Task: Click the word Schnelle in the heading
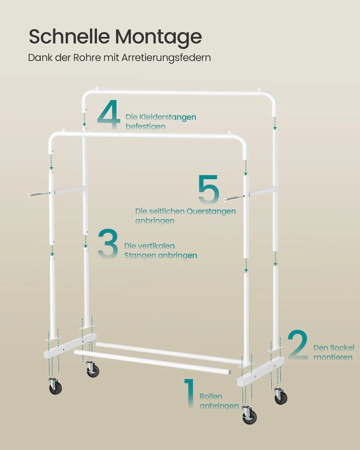click(69, 36)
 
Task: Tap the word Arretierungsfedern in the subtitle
click(166, 58)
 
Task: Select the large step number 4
click(109, 114)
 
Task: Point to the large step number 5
click(209, 189)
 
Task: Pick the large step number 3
click(108, 244)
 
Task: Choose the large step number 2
click(298, 345)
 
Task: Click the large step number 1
click(189, 393)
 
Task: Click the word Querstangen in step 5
click(211, 211)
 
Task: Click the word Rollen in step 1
click(211, 396)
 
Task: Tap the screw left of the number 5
click(233, 198)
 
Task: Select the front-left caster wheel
click(55, 386)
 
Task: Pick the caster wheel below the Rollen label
click(249, 416)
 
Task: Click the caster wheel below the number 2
click(280, 396)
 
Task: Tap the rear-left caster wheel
click(93, 369)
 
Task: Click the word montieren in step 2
click(333, 357)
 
